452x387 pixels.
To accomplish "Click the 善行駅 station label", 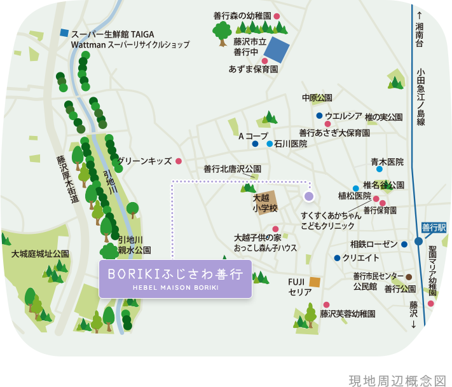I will (x=434, y=227).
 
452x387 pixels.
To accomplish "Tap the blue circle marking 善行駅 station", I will (x=418, y=241).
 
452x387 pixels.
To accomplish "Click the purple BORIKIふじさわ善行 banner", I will (x=175, y=278).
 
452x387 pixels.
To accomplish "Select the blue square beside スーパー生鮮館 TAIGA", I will (x=64, y=32).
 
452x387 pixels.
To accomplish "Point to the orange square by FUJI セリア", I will (x=314, y=281).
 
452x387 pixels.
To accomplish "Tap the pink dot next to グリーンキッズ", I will (x=179, y=161).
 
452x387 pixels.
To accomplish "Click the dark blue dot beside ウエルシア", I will (x=319, y=116).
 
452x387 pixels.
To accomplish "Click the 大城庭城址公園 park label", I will (x=39, y=254).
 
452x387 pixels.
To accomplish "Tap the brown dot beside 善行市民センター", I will (x=409, y=276).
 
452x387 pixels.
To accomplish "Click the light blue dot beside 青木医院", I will (x=380, y=169).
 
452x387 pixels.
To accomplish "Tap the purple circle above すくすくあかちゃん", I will (x=309, y=196).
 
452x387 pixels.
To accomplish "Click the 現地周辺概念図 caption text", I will (x=398, y=379).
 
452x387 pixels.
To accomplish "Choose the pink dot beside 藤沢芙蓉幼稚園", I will (x=326, y=305).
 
